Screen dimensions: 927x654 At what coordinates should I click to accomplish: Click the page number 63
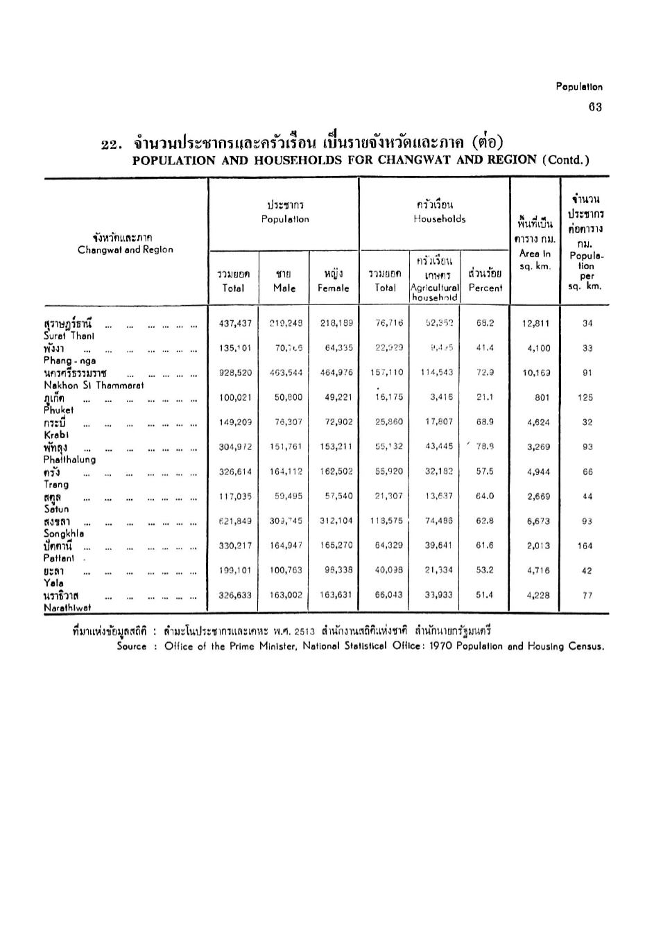[595, 107]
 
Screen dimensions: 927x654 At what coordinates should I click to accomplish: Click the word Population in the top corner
[579, 87]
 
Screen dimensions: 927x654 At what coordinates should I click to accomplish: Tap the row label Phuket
[58, 410]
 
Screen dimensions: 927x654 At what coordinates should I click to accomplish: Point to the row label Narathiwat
[67, 607]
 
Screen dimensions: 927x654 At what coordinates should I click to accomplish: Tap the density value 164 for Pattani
[585, 546]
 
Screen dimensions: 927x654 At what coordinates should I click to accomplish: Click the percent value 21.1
[485, 398]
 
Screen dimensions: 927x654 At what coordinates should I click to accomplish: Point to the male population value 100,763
[285, 571]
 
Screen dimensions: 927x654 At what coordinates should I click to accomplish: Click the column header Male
[284, 288]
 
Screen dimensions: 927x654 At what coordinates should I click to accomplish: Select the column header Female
[334, 288]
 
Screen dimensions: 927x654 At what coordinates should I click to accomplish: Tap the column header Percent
[485, 288]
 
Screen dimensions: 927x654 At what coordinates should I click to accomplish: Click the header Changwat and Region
[126, 250]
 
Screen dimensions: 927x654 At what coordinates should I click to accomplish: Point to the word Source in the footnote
[132, 646]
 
